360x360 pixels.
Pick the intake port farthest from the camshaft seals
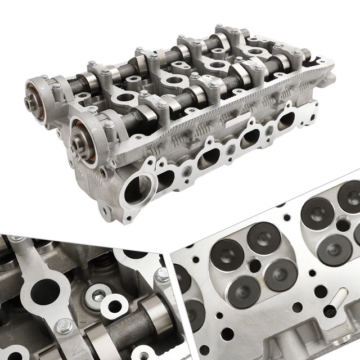click(286, 120)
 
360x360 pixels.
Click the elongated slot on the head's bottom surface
click(330, 310)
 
